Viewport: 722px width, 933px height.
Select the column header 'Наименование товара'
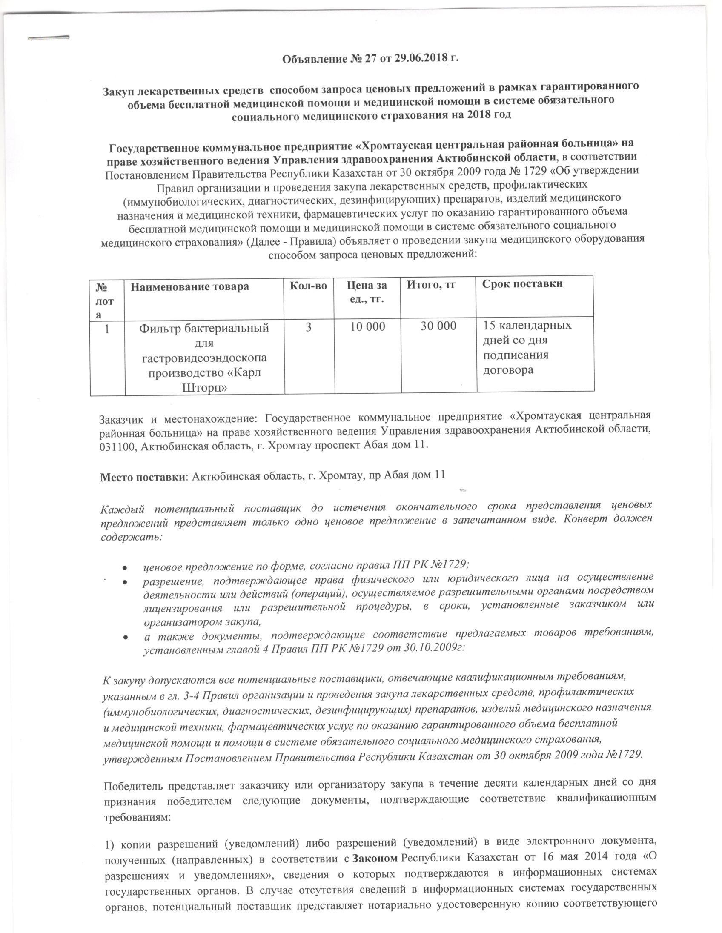click(189, 286)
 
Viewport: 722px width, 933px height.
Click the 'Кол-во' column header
click(309, 286)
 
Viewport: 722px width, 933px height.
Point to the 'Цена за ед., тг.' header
click(367, 292)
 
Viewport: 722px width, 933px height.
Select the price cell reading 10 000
click(367, 327)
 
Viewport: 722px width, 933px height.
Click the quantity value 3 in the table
click(309, 327)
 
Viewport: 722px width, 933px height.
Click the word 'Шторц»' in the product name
click(204, 388)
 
